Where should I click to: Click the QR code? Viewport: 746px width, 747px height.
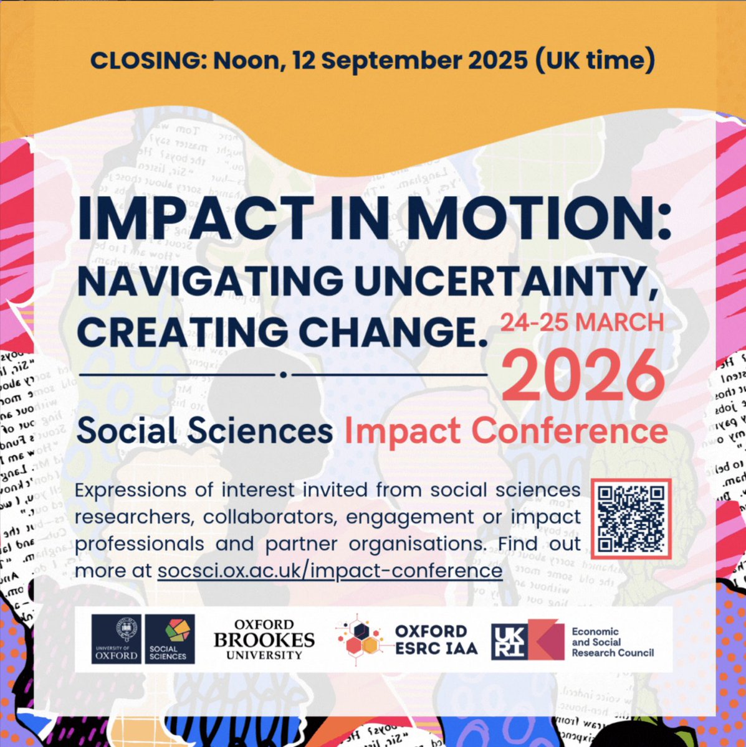tap(631, 517)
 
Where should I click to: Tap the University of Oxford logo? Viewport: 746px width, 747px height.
tap(116, 639)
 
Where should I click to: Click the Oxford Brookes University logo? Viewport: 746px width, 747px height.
tap(264, 639)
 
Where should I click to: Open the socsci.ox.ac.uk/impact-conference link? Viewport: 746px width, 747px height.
tap(330, 570)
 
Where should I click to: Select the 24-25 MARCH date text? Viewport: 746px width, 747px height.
tap(582, 322)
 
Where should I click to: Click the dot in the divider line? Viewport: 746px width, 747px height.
tap(284, 375)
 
